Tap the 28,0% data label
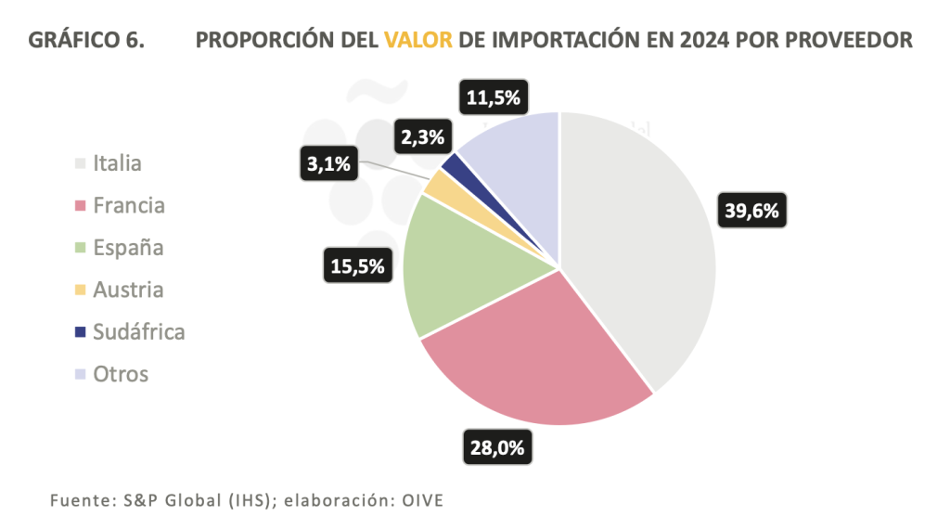point(495,449)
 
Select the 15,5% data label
point(357,266)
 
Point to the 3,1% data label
point(327,165)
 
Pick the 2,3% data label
point(423,137)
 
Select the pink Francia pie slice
point(538,362)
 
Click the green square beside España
point(81,248)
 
